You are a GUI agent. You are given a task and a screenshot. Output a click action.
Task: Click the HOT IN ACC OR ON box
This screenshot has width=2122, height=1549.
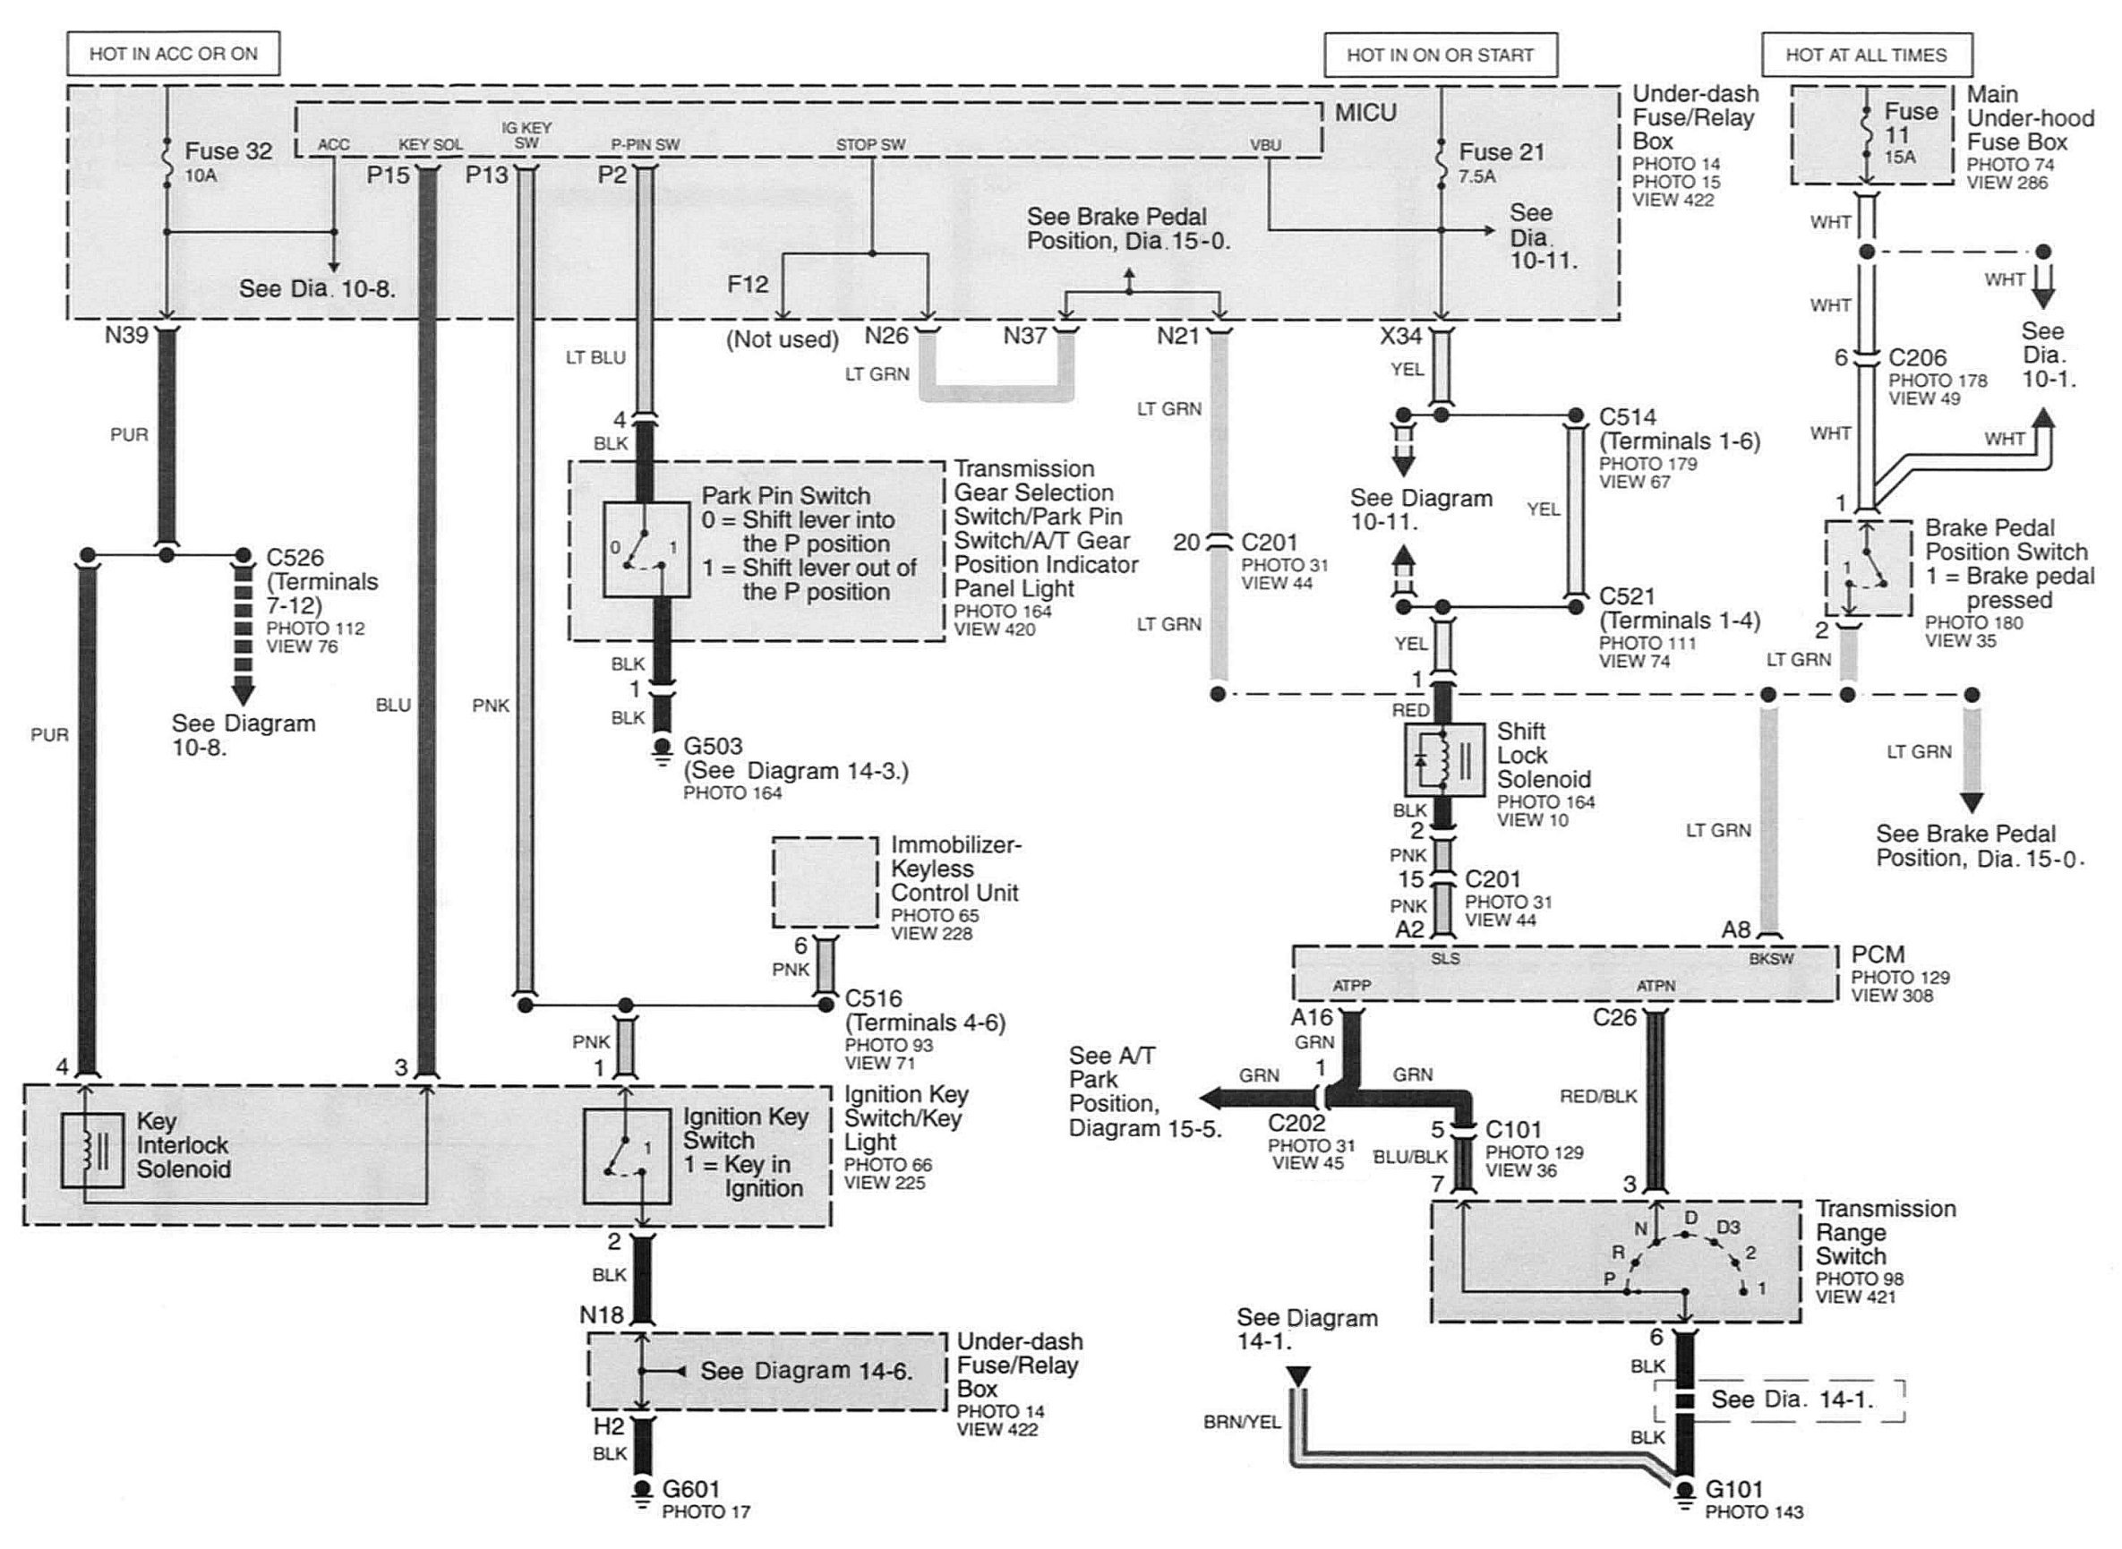click(x=174, y=54)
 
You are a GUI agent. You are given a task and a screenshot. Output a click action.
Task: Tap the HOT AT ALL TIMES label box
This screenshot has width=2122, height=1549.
click(x=1866, y=55)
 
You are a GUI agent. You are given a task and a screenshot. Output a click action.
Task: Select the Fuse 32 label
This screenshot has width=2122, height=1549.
click(x=227, y=151)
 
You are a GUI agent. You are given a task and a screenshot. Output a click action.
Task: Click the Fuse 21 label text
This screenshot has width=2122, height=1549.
click(x=1502, y=152)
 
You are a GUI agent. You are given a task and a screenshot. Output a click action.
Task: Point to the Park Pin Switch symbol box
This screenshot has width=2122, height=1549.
click(x=646, y=549)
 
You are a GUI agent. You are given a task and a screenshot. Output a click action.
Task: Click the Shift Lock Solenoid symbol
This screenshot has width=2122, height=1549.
click(x=1444, y=759)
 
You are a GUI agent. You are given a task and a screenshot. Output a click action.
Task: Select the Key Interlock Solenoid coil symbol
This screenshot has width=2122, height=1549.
click(x=92, y=1151)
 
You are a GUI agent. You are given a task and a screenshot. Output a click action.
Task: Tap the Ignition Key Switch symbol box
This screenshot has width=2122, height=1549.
click(x=627, y=1156)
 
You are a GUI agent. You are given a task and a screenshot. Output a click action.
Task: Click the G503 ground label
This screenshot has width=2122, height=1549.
click(x=713, y=747)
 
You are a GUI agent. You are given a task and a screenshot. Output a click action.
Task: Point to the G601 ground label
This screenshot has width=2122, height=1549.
click(x=691, y=1488)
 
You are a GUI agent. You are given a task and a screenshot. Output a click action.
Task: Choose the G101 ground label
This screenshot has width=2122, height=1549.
click(x=1733, y=1488)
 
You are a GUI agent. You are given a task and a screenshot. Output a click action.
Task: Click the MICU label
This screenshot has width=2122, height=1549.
click(x=1366, y=113)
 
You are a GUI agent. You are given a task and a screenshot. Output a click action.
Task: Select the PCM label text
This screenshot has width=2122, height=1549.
click(x=1878, y=954)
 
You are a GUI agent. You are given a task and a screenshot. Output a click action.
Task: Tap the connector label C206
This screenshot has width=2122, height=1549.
click(x=1918, y=357)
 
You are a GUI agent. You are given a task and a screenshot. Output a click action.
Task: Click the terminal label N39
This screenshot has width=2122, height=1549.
click(x=126, y=335)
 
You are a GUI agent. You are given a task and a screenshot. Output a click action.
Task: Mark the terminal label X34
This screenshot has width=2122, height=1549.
click(x=1401, y=335)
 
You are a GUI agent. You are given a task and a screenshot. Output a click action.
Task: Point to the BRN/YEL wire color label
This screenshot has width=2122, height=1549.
click(x=1242, y=1423)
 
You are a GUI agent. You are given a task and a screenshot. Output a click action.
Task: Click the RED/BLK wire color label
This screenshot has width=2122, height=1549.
click(x=1598, y=1096)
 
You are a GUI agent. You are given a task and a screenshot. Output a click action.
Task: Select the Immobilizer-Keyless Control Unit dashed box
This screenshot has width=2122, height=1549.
click(x=826, y=882)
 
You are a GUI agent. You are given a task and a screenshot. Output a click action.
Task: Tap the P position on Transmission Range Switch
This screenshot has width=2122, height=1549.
click(x=1609, y=1278)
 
